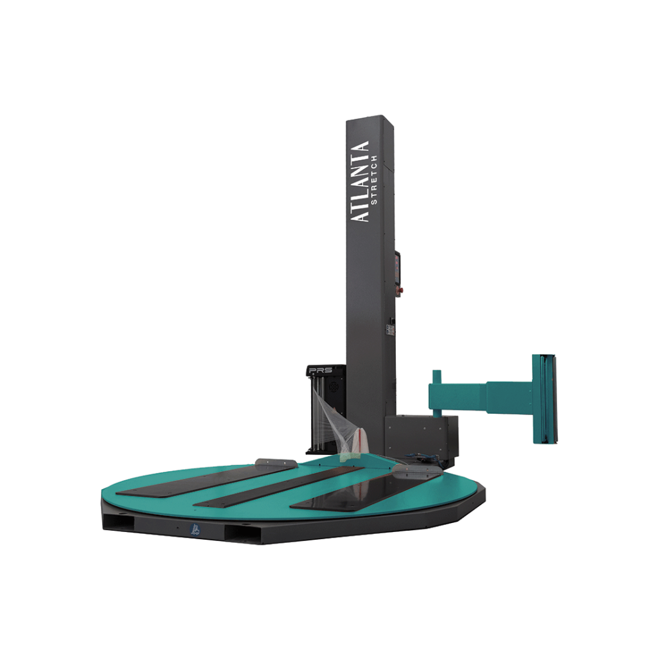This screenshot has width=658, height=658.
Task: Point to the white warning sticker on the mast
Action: tap(390, 330)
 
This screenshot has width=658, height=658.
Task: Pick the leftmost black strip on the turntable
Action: tap(206, 479)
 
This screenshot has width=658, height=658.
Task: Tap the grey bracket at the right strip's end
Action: tap(418, 472)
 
